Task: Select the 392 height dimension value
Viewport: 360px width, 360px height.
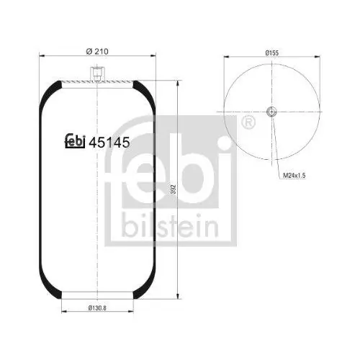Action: click(x=174, y=188)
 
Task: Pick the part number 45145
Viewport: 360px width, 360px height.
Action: click(x=108, y=143)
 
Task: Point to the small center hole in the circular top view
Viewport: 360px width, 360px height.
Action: click(x=271, y=112)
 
